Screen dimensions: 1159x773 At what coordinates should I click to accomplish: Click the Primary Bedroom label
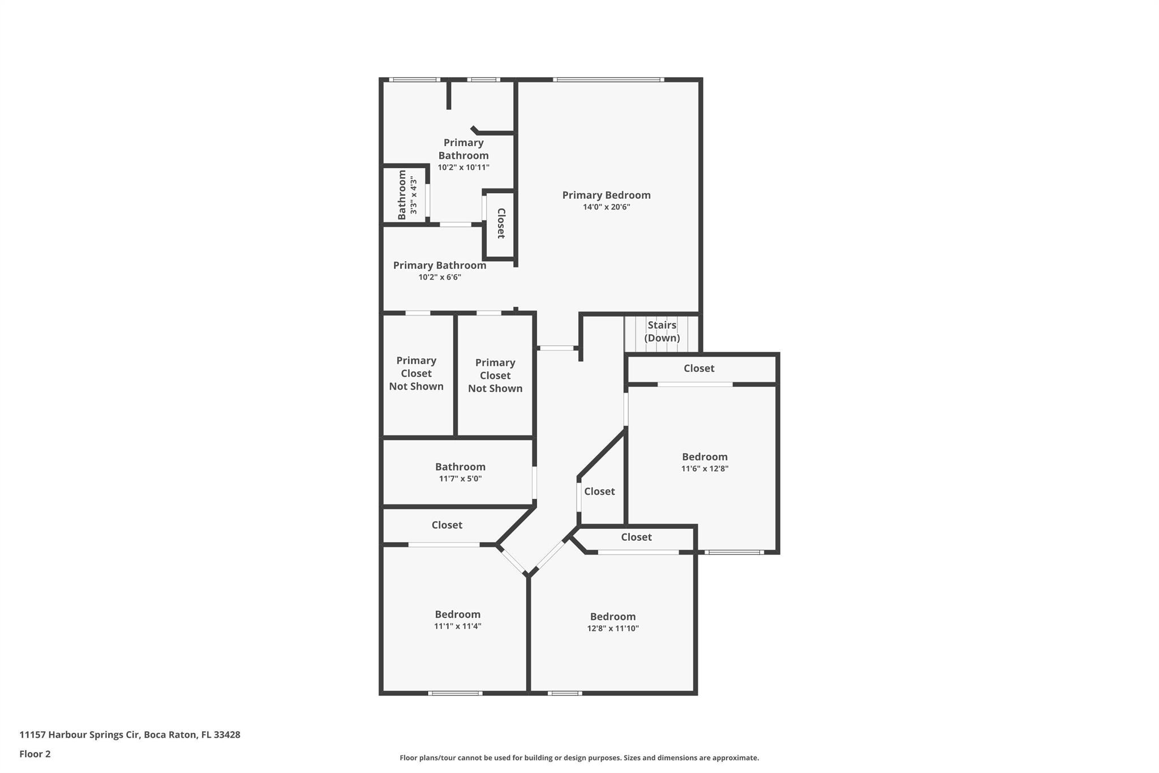[606, 195]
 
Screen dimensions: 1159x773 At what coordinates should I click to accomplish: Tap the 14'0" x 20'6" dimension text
[606, 207]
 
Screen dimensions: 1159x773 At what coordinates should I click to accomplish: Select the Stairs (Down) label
[662, 331]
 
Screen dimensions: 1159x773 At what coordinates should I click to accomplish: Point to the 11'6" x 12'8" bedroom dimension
[705, 469]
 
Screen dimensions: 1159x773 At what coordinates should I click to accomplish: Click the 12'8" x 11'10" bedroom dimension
[613, 629]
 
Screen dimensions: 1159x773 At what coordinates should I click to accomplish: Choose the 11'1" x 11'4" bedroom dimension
[458, 626]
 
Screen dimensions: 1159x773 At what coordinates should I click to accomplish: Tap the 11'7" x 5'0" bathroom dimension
[460, 479]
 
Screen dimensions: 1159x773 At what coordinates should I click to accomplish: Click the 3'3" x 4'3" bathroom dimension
[414, 196]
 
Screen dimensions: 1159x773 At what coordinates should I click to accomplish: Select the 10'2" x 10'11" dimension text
[463, 168]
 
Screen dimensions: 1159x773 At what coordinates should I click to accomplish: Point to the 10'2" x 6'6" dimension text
[440, 277]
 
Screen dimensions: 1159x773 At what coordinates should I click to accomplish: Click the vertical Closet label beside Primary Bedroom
[501, 223]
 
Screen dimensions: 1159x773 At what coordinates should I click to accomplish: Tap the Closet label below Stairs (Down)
[699, 369]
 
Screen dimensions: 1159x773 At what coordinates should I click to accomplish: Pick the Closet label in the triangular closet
[599, 492]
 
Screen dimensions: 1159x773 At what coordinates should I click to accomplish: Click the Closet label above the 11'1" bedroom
[447, 526]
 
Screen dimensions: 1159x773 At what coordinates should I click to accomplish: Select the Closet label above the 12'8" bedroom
[636, 537]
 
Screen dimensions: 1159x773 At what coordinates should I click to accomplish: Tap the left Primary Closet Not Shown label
[416, 374]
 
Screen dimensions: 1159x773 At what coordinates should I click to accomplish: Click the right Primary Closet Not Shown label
[495, 376]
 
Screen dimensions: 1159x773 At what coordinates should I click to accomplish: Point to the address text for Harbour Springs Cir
[130, 735]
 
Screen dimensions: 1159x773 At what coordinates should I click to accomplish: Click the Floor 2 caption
[35, 754]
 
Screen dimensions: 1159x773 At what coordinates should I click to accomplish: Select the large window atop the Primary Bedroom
[608, 80]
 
